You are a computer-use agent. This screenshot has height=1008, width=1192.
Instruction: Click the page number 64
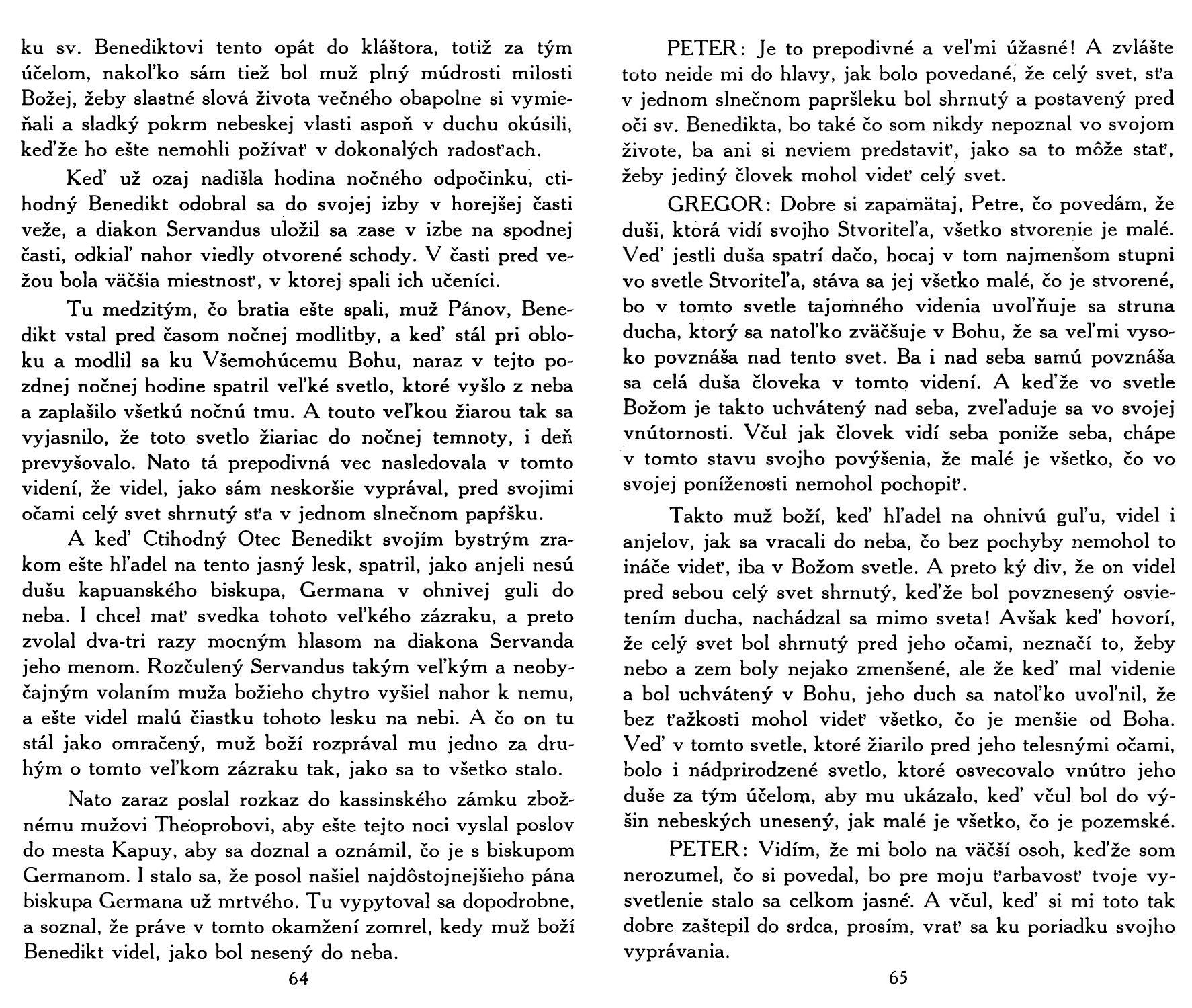pos(298,979)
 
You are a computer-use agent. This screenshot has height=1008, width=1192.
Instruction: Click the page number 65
pos(898,979)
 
